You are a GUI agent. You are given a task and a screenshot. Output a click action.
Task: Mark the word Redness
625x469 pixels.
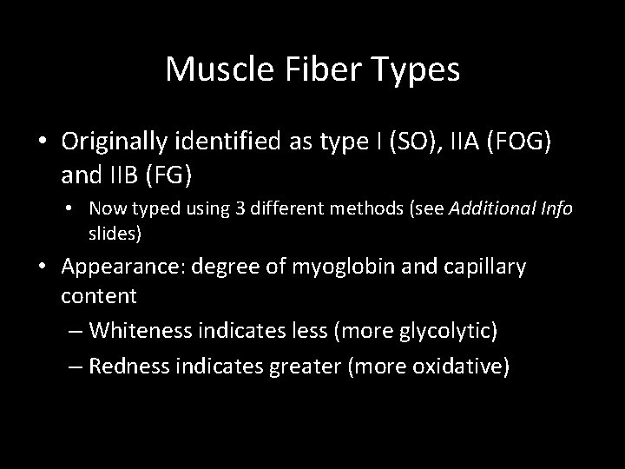pyautogui.click(x=126, y=366)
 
